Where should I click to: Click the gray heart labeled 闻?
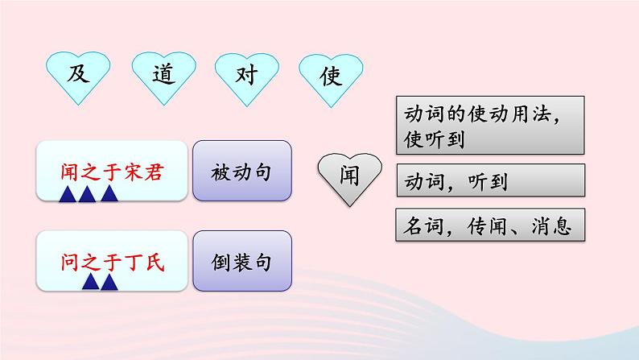[x=350, y=172]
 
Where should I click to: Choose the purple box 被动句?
[x=242, y=172]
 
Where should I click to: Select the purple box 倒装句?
[x=242, y=262]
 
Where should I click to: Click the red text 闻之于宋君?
[x=112, y=171]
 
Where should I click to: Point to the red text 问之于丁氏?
[x=112, y=262]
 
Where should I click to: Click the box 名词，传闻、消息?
[x=490, y=226]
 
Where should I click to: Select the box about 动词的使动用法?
[x=490, y=126]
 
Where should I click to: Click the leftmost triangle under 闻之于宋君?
[x=68, y=193]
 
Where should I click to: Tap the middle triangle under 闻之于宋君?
[x=88, y=193]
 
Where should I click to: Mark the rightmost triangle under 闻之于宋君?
[x=108, y=193]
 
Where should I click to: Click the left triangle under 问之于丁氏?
[x=90, y=282]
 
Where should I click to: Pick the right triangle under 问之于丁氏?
[x=109, y=282]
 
